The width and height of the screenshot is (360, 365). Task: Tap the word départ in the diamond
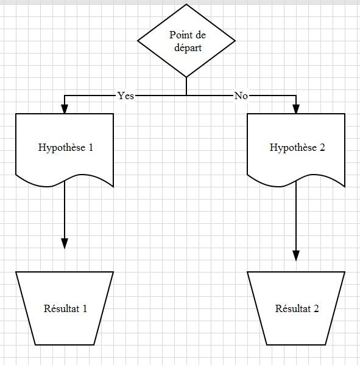188,48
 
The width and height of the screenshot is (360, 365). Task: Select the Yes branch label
125,96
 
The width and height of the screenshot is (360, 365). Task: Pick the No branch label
241,96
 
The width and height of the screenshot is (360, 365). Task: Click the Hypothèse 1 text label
66,148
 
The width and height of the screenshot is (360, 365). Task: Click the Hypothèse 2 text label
297,148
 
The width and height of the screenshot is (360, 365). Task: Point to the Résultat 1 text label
65,308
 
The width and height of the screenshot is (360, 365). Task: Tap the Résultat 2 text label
297,308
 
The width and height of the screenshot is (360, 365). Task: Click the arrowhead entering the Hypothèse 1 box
65,109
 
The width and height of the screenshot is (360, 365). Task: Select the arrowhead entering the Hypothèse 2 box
296,109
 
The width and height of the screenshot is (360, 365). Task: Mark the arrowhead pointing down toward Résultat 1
65,243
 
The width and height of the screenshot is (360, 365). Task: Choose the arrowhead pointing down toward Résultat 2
296,256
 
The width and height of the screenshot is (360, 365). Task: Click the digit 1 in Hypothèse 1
91,147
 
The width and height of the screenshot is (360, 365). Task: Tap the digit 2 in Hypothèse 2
322,147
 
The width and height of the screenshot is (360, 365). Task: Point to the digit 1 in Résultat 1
85,308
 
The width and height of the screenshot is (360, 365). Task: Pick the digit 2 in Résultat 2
316,308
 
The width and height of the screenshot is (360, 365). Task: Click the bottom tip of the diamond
186,77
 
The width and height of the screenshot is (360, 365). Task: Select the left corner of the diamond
138,41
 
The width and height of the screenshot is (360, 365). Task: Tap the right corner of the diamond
235,41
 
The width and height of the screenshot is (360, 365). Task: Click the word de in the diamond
200,35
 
